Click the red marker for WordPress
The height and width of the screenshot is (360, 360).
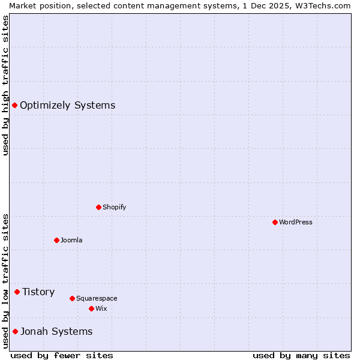[275, 222]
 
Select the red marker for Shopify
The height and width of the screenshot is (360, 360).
[98, 207]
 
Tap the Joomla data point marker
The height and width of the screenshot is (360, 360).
[56, 240]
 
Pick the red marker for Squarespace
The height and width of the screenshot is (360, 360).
[72, 298]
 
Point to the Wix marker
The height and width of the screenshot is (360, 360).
[91, 308]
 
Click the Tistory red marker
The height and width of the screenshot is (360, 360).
[17, 292]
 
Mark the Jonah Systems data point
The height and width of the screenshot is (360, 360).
[15, 331]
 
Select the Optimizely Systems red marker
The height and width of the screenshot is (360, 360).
[14, 105]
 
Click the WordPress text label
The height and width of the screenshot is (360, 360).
[296, 222]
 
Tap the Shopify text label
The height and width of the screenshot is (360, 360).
[115, 207]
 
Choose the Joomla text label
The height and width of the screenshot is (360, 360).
[71, 240]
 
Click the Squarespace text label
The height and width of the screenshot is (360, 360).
[97, 298]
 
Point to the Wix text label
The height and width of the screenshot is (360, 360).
[101, 308]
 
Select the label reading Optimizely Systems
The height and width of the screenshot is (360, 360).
[67, 106]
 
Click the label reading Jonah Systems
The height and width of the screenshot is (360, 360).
[56, 331]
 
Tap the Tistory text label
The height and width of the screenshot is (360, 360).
[38, 292]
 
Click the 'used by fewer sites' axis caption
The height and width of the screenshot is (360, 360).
[62, 355]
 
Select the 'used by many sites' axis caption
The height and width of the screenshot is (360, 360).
[301, 355]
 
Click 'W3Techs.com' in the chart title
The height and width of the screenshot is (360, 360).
[326, 5]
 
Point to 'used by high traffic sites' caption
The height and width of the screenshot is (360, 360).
[6, 86]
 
